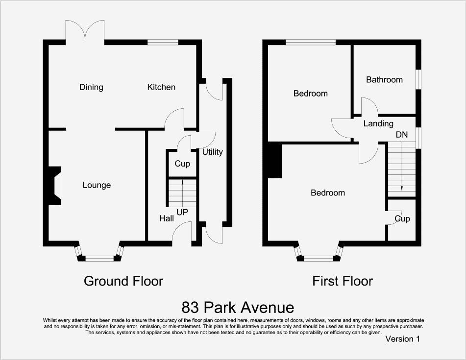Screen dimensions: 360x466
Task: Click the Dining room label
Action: click(91, 87)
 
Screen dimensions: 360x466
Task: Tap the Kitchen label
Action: click(161, 87)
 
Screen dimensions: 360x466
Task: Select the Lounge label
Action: click(97, 185)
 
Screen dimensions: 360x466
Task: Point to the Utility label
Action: click(212, 152)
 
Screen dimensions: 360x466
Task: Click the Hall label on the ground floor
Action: click(167, 218)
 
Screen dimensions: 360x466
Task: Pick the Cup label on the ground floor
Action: click(182, 164)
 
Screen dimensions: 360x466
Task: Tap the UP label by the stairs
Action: click(182, 213)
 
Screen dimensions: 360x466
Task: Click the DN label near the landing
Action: click(402, 134)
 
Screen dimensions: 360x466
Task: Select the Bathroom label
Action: click(384, 79)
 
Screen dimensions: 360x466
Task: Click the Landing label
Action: click(378, 124)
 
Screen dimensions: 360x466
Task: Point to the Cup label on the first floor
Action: click(402, 218)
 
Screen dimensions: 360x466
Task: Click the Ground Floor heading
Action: click(123, 281)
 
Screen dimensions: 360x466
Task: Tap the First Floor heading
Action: click(343, 281)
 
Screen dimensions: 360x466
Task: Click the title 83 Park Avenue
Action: click(238, 308)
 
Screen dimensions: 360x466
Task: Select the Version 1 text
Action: click(402, 338)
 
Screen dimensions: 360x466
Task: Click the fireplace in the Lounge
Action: click(53, 185)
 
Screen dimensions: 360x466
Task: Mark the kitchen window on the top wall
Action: click(163, 43)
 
